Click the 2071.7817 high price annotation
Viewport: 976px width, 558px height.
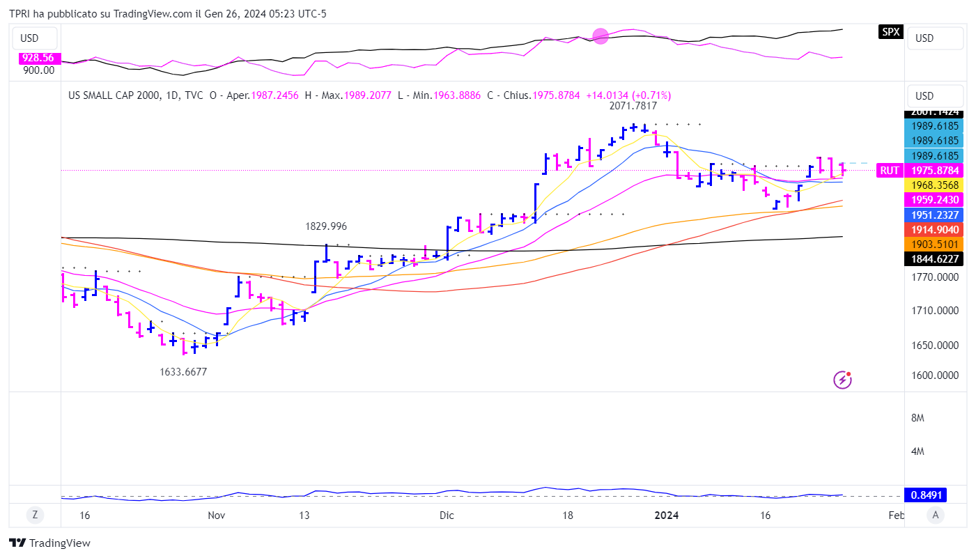pos(633,106)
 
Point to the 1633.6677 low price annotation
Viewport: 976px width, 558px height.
pos(183,372)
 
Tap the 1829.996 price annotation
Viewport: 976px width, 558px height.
pos(325,226)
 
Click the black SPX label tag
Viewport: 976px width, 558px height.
pos(890,31)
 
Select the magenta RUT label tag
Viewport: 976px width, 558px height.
pos(889,171)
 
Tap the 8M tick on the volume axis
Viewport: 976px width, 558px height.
pos(917,418)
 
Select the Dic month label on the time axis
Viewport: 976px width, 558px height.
pos(447,516)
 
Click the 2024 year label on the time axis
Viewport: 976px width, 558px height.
pos(667,516)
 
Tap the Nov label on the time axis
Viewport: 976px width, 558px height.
pos(217,516)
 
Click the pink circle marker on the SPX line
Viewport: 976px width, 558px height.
pos(601,36)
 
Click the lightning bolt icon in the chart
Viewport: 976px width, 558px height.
pos(842,380)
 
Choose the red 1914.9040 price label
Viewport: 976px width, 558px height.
pos(933,229)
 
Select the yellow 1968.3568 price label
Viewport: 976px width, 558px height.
pos(933,185)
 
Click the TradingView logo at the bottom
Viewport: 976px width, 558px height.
pos(49,543)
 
